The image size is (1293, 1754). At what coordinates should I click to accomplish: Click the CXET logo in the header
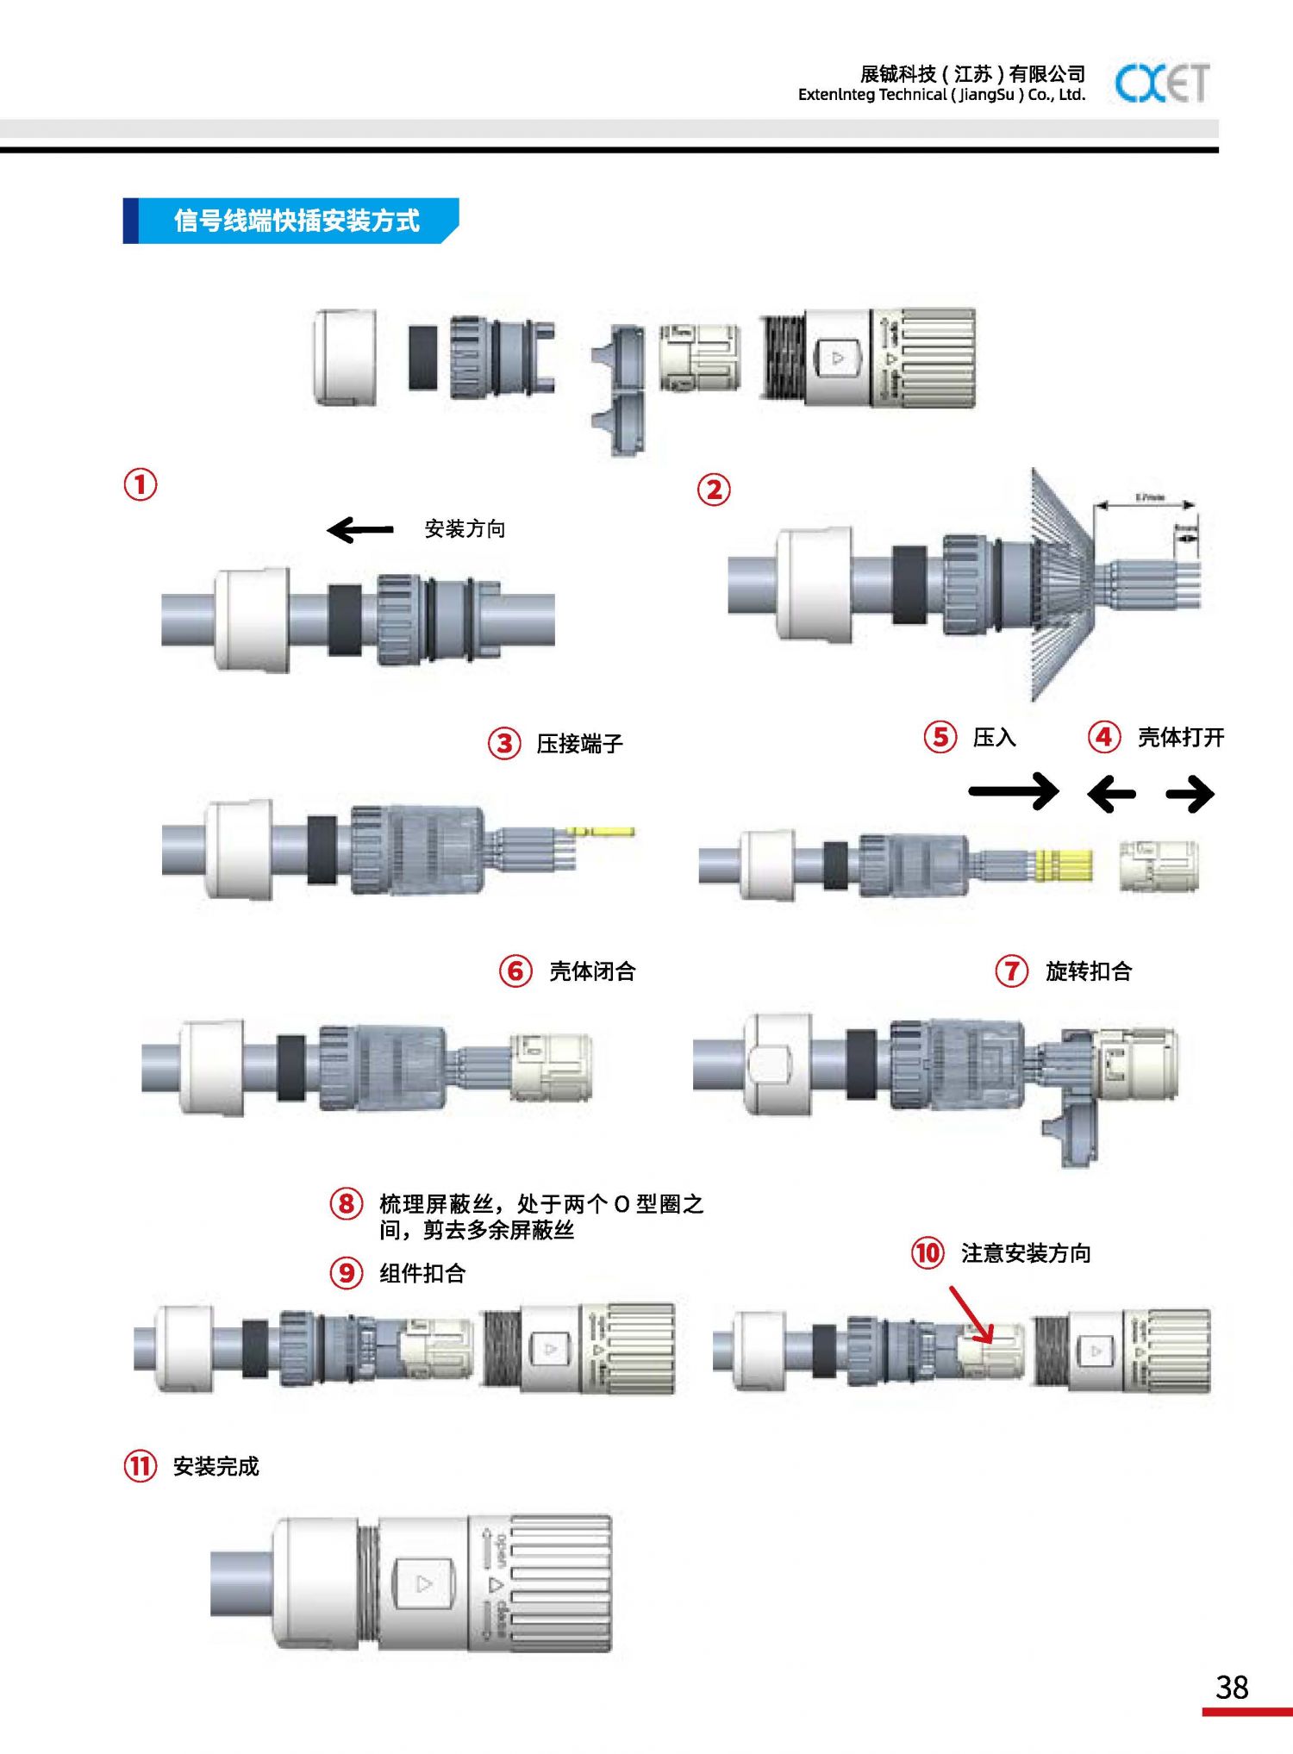pyautogui.click(x=1161, y=84)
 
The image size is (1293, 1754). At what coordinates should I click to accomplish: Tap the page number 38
pyautogui.click(x=1232, y=1687)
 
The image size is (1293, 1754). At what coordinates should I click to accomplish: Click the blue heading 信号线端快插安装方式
pyautogui.click(x=296, y=221)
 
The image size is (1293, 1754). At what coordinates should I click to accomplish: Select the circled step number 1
pyautogui.click(x=141, y=484)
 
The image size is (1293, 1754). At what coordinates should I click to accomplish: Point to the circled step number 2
pyautogui.click(x=714, y=490)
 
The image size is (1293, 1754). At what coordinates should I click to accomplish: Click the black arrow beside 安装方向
pyautogui.click(x=360, y=529)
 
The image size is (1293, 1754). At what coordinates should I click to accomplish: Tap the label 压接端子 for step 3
pyautogui.click(x=579, y=744)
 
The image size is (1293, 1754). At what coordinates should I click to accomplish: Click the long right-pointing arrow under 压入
pyautogui.click(x=1013, y=791)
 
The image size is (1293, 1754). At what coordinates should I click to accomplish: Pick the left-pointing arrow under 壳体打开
pyautogui.click(x=1111, y=794)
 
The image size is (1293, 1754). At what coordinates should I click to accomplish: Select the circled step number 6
pyautogui.click(x=515, y=971)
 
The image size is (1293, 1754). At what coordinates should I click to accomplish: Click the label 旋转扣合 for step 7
pyautogui.click(x=1088, y=971)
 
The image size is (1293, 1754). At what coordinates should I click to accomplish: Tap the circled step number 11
pyautogui.click(x=141, y=1466)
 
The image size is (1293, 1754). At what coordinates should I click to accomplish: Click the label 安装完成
pyautogui.click(x=215, y=1466)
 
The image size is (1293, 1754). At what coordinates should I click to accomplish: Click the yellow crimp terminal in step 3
pyautogui.click(x=600, y=832)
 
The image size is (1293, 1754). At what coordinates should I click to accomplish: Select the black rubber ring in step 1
pyautogui.click(x=345, y=619)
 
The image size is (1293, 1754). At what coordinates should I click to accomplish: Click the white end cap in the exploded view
pyautogui.click(x=346, y=357)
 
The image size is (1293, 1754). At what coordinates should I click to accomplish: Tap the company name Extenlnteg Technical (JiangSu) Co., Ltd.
pyautogui.click(x=941, y=95)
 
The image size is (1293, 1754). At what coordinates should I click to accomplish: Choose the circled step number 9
pyautogui.click(x=346, y=1273)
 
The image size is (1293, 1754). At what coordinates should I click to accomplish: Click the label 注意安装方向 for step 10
pyautogui.click(x=1026, y=1253)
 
